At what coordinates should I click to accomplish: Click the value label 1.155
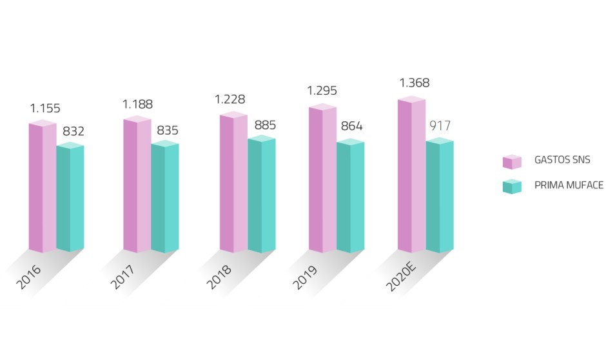pyautogui.click(x=45, y=108)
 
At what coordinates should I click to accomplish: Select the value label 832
pyautogui.click(x=73, y=132)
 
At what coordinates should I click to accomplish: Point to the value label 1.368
pyautogui.click(x=414, y=83)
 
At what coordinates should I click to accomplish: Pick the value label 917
pyautogui.click(x=441, y=126)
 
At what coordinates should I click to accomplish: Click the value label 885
pyautogui.click(x=264, y=125)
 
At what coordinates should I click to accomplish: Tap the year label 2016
pyautogui.click(x=30, y=276)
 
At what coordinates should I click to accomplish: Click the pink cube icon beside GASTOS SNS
pyautogui.click(x=512, y=161)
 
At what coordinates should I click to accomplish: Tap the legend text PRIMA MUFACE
pyautogui.click(x=569, y=186)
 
